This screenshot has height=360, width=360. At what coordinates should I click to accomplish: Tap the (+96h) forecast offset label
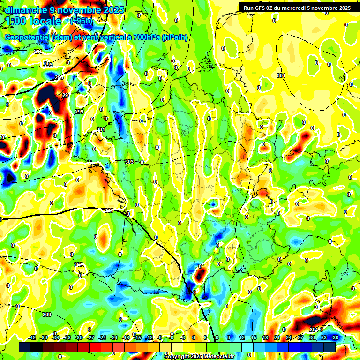point(82,21)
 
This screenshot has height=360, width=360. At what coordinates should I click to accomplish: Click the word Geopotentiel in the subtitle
point(27,37)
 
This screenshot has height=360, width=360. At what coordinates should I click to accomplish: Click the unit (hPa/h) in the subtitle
point(175,37)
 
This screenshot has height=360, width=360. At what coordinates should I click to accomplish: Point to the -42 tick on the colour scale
point(32,337)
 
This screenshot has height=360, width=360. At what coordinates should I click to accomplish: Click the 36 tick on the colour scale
point(336,337)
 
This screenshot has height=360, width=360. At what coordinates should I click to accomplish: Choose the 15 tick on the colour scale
point(254,337)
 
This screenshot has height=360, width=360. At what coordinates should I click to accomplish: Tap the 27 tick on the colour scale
point(300,337)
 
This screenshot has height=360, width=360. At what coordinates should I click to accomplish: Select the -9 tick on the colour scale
point(160,337)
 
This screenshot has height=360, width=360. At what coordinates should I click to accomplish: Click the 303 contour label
point(130,162)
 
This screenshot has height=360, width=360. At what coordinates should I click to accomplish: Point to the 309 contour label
point(46,314)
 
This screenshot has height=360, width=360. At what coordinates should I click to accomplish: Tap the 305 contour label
point(109,210)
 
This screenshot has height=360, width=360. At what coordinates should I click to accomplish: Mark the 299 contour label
point(79,112)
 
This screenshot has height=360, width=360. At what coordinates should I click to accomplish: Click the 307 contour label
point(78,264)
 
